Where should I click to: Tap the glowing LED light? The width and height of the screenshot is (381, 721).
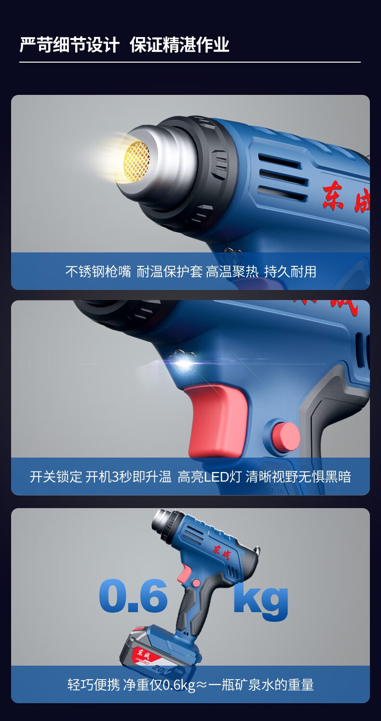pyautogui.click(x=184, y=364)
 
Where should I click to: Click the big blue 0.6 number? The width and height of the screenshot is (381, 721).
pyautogui.click(x=134, y=596)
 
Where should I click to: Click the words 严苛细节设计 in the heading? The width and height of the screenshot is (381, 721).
pyautogui.click(x=69, y=44)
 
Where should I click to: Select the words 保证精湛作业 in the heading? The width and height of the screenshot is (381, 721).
pyautogui.click(x=179, y=44)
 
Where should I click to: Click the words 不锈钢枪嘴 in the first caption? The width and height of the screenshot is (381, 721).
pyautogui.click(x=98, y=271)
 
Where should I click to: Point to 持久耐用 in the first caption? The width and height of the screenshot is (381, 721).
pyautogui.click(x=290, y=271)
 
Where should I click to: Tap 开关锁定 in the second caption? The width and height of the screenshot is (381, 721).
pyautogui.click(x=56, y=477)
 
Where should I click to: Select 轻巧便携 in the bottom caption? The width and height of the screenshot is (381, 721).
pyautogui.click(x=94, y=684)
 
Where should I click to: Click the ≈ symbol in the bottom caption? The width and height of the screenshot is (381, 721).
pyautogui.click(x=202, y=685)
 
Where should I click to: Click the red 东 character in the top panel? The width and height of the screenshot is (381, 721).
pyautogui.click(x=333, y=196)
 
